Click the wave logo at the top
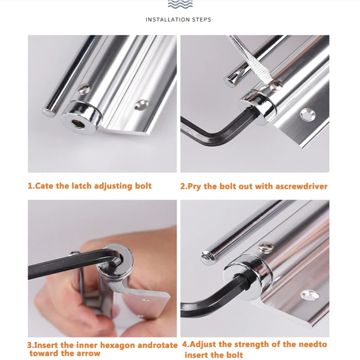click(x=180, y=5)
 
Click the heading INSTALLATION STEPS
click(x=179, y=19)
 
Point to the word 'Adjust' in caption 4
click(x=203, y=344)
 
